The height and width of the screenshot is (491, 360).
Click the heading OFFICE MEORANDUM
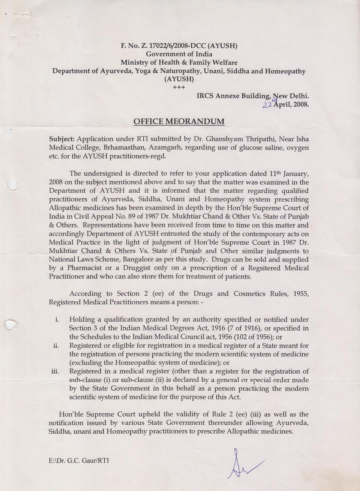[x=179, y=121]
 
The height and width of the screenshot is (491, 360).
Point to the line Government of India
[x=179, y=54]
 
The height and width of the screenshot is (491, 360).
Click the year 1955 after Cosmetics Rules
[x=300, y=293]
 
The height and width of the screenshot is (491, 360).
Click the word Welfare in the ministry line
[x=223, y=63]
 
